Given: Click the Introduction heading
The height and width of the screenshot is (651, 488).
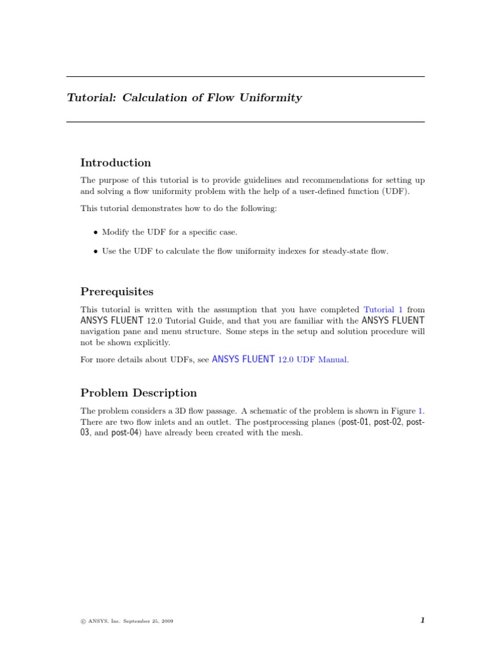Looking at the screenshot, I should pos(116,163).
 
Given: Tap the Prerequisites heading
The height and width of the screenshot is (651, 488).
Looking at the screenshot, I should pos(117,292).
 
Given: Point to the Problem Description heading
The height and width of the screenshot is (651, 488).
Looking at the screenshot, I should pos(139,393).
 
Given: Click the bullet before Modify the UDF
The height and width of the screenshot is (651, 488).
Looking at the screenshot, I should pos(95,233).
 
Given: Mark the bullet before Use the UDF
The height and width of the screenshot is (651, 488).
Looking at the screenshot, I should pos(95,252).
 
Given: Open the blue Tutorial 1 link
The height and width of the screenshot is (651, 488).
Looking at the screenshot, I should pos(383,310).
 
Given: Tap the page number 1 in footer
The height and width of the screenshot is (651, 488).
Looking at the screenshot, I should pos(422,621).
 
